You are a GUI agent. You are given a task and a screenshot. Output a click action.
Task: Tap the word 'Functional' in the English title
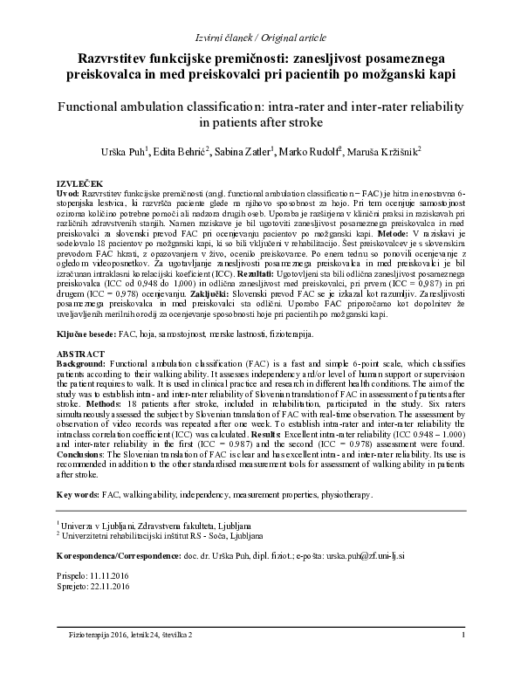[93, 103]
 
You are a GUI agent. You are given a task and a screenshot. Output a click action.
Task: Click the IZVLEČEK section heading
[79, 182]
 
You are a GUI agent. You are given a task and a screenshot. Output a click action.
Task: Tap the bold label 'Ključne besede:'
[89, 334]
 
